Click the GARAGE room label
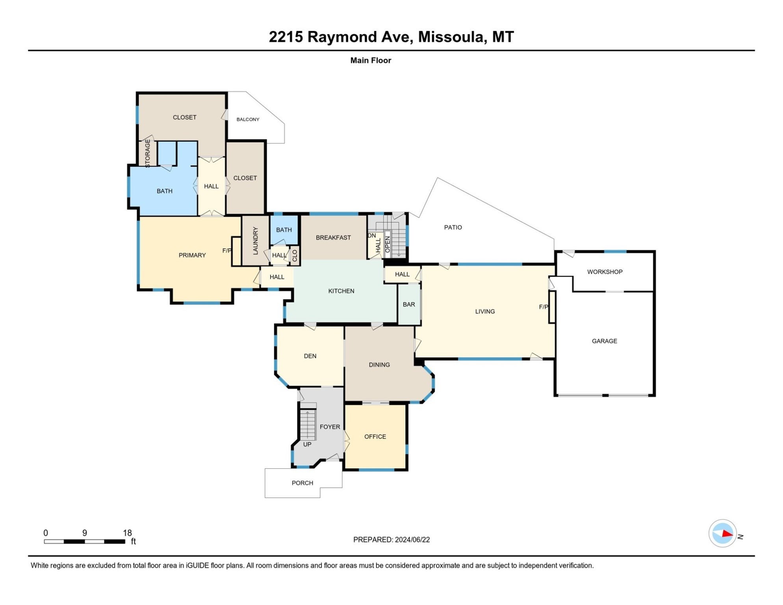604,341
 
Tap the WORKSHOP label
605,272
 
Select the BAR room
409,304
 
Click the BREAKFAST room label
333,238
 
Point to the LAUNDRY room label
255,241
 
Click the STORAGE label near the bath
148,154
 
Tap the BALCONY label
248,119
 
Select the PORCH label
302,483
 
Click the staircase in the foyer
308,425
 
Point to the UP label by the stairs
307,444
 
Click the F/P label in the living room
543,307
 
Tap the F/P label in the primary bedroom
226,251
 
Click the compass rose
722,533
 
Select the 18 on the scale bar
127,533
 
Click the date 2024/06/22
412,540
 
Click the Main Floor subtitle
371,60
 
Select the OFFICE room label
375,436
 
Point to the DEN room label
310,356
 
